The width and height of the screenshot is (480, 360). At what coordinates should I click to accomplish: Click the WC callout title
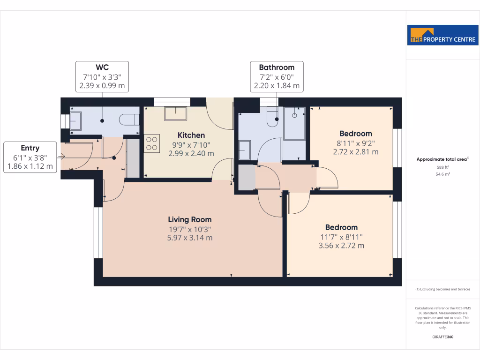(102, 67)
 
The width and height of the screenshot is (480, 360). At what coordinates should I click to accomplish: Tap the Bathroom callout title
(277, 67)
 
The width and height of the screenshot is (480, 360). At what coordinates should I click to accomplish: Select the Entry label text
(30, 148)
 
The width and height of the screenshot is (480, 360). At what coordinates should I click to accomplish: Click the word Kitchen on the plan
(191, 135)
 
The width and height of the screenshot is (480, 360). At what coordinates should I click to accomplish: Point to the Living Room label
(190, 219)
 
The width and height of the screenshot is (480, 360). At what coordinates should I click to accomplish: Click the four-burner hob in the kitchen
(151, 143)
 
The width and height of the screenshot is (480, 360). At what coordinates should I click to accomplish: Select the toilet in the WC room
(129, 120)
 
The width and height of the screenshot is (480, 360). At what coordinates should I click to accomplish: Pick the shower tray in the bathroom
(294, 123)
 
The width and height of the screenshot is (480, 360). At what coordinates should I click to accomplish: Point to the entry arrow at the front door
(61, 157)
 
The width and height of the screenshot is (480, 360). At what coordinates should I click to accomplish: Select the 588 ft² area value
(442, 167)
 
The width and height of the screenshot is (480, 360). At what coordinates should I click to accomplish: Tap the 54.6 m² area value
(442, 174)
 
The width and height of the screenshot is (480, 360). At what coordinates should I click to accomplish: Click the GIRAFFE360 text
(442, 337)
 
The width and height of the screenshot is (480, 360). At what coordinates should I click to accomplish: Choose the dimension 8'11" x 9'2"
(355, 143)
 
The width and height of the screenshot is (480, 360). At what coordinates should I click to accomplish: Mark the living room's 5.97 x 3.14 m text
(190, 238)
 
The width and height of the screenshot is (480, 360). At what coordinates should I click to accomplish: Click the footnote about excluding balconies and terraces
(442, 289)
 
